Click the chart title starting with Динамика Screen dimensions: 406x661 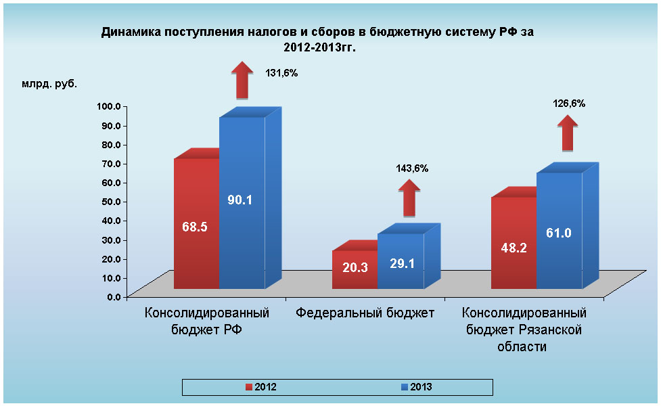click(322, 39)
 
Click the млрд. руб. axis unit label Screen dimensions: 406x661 click(49, 85)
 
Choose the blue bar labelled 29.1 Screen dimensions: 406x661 click(401, 263)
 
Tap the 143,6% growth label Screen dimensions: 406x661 click(411, 168)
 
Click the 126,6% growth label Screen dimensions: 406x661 click(569, 104)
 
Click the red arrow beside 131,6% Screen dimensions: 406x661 click(242, 80)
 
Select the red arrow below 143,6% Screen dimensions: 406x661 click(409, 199)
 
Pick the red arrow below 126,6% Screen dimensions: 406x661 click(568, 133)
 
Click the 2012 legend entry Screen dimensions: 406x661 click(261, 387)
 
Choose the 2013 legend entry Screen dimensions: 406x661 click(416, 387)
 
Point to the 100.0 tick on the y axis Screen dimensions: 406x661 click(108, 106)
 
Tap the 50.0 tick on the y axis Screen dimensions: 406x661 click(108, 201)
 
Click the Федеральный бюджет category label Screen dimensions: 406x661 click(365, 313)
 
